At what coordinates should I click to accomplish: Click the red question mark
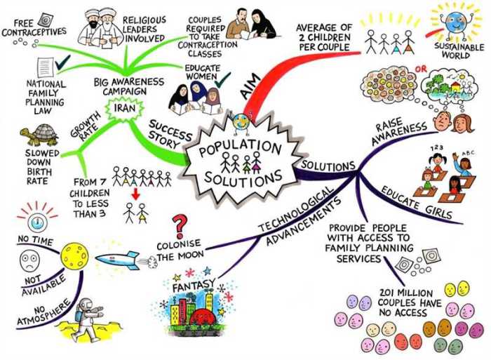coord(181,226)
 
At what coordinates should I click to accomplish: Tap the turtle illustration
coord(39,135)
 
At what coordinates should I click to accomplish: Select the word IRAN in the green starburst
coord(125,108)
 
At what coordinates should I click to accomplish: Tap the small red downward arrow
coord(135,194)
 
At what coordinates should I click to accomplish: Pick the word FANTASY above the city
coord(194,285)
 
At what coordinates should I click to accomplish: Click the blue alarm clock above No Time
coord(37,222)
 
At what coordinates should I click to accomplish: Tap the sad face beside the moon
coord(29,260)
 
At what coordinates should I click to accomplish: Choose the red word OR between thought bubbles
coord(421,69)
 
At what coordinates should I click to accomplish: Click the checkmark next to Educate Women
coord(222,79)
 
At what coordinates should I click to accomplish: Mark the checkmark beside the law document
coord(62,62)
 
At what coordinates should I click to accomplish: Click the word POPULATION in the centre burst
coord(241,147)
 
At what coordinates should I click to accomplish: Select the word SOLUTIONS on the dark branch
coord(328,165)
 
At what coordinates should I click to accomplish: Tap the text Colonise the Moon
coord(180,250)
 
